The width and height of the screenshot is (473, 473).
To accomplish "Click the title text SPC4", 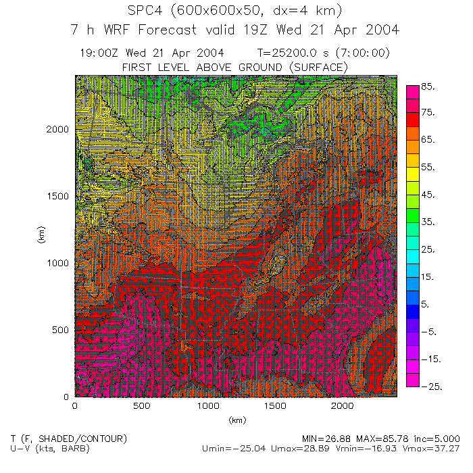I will [x=146, y=11].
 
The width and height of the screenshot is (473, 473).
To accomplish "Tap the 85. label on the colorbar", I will [x=428, y=87].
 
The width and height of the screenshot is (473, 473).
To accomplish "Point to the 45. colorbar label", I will [x=428, y=195].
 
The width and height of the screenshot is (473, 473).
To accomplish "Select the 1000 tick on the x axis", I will [x=209, y=406].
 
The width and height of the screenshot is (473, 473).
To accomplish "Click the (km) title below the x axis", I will [x=236, y=420].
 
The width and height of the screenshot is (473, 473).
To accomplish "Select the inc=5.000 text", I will [x=437, y=439].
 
